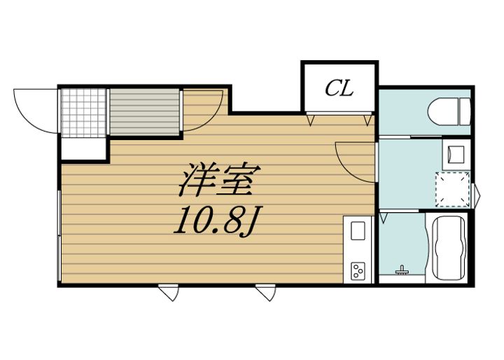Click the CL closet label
(339, 88)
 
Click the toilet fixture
(449, 111)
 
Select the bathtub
(449, 248)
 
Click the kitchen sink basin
(358, 230)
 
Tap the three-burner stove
(358, 271)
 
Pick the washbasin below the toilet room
(456, 154)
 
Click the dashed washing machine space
(453, 190)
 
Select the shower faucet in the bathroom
(401, 270)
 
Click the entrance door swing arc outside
(36, 111)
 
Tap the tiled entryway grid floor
(83, 113)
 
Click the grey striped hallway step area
(144, 112)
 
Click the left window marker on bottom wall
(169, 292)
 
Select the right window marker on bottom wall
(266, 292)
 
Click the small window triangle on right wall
(477, 195)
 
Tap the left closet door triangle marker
(311, 120)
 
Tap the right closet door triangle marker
(367, 120)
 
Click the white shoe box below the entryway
(83, 148)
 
